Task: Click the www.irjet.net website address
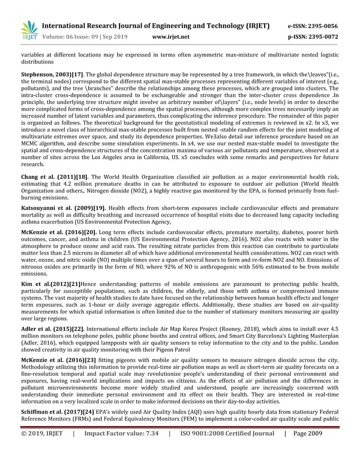[x=171, y=37]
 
